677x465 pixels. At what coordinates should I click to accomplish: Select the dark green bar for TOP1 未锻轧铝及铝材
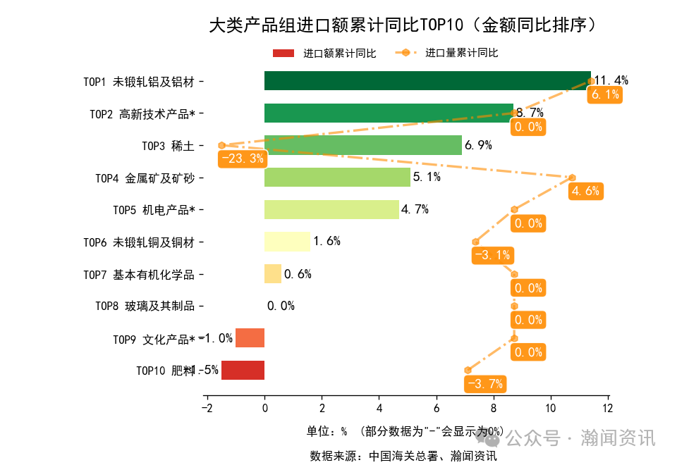[427, 81]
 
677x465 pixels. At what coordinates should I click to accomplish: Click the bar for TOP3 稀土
[362, 145]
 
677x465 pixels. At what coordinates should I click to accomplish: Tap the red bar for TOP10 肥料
[243, 370]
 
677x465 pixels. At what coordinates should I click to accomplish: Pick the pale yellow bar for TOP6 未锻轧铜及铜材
[287, 242]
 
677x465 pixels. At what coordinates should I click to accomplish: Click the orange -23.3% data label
[243, 159]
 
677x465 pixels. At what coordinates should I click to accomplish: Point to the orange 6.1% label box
[605, 95]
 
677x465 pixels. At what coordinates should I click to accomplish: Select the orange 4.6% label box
[586, 191]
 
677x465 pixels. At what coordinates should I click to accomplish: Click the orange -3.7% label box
[485, 384]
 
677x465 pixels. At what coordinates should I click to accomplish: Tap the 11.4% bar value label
[611, 80]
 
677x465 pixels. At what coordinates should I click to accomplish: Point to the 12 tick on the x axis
[608, 408]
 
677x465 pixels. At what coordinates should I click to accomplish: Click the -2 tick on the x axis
[206, 408]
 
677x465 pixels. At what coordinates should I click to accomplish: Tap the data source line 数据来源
[403, 455]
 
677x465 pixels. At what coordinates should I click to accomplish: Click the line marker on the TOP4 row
[572, 178]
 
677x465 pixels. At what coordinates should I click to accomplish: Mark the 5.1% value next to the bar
[427, 177]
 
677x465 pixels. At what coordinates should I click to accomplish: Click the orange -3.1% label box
[492, 255]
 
